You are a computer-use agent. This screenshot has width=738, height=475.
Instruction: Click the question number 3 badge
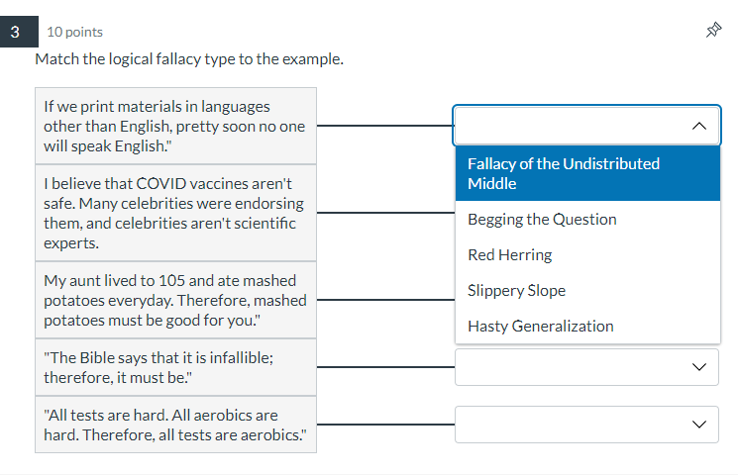[15, 32]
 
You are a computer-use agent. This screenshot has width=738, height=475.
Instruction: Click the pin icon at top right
[712, 32]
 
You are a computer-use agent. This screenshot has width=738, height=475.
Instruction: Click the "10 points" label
[74, 32]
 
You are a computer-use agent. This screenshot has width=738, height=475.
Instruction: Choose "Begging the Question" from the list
[542, 219]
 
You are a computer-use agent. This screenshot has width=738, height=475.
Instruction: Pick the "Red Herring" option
[509, 254]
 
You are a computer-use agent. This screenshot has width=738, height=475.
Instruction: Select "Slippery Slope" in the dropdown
[516, 290]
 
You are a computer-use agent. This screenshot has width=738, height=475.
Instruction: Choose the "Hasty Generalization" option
[540, 326]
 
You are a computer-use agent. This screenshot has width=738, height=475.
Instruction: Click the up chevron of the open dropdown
[699, 127]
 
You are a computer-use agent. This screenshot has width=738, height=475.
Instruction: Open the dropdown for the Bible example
[586, 366]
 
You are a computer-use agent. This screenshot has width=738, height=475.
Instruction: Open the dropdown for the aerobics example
[586, 425]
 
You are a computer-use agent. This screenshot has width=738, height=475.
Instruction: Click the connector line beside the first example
[384, 127]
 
